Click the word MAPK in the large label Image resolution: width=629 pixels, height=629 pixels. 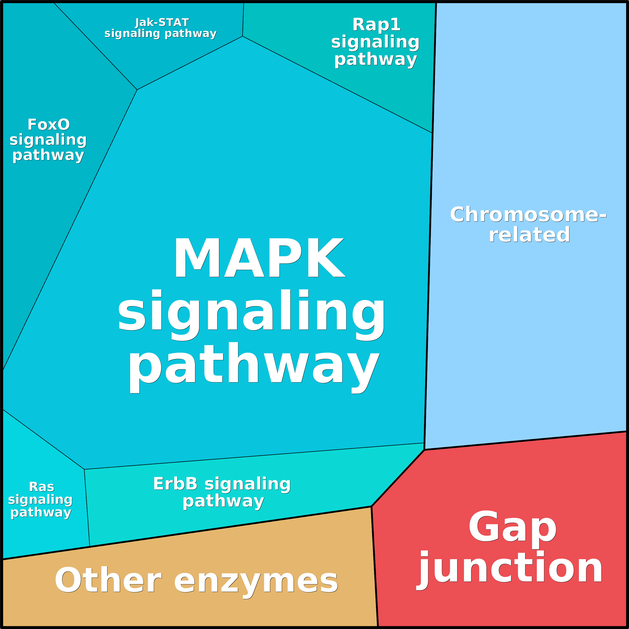(259, 258)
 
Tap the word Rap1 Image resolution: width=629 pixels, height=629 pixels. (376, 25)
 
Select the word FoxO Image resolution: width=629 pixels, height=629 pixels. (49, 125)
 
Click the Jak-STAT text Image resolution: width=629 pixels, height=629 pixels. (162, 23)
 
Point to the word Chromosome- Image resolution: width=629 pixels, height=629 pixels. (528, 215)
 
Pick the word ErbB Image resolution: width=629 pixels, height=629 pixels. (175, 484)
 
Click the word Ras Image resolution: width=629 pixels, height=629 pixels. (41, 487)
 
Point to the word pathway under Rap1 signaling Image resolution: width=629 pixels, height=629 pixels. (376, 60)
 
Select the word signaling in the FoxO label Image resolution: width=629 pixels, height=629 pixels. (48, 140)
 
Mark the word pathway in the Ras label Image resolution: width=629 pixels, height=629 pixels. (41, 513)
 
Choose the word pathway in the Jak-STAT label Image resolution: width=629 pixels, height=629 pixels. (191, 34)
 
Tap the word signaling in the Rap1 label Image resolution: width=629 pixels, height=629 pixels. (375, 42)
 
